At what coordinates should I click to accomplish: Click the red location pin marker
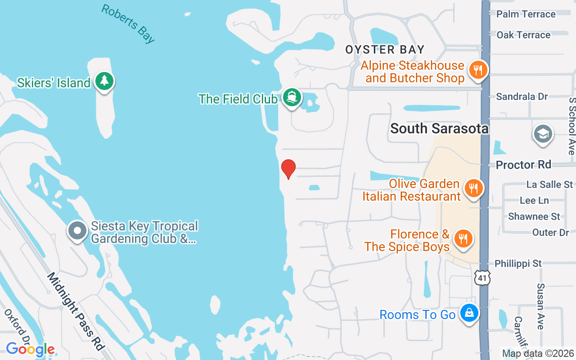(x=288, y=169)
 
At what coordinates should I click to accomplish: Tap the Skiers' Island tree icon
(x=104, y=81)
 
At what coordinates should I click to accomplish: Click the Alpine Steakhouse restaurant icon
(x=477, y=71)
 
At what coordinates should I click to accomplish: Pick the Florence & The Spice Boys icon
(x=462, y=239)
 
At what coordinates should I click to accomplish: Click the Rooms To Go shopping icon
(x=469, y=314)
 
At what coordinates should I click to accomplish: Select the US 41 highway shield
(x=482, y=278)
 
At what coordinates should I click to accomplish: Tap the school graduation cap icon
(x=543, y=134)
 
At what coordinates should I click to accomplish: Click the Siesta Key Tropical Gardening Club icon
(x=77, y=230)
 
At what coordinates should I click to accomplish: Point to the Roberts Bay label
(x=128, y=24)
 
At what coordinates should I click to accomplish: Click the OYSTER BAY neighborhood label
(x=385, y=49)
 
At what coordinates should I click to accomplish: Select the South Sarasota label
(x=439, y=129)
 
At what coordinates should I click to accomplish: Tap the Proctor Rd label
(x=523, y=165)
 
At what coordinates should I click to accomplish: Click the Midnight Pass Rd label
(x=76, y=311)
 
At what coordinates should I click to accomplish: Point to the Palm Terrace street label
(x=526, y=14)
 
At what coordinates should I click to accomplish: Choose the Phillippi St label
(x=518, y=263)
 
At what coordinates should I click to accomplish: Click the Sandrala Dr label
(x=522, y=96)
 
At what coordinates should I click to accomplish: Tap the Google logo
(x=30, y=349)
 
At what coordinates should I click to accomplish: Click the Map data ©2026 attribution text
(x=538, y=353)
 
